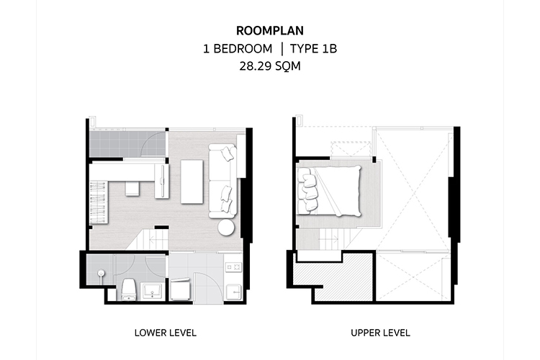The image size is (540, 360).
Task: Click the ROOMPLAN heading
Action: (x=270, y=31)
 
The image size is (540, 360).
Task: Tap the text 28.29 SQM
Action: (x=270, y=66)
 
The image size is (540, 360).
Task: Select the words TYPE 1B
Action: (x=313, y=48)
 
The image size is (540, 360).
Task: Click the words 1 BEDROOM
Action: (x=238, y=48)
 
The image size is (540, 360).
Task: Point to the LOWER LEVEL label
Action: (x=166, y=333)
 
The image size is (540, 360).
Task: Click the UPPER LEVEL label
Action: (x=380, y=333)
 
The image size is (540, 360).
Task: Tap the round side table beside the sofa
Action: (x=226, y=228)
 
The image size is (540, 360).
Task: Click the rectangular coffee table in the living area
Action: (x=192, y=181)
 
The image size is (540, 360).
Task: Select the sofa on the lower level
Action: (x=222, y=181)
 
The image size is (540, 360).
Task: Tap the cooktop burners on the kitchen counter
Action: (x=233, y=266)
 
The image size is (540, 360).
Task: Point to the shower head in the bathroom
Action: (x=101, y=274)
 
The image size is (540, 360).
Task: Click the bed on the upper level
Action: (x=329, y=191)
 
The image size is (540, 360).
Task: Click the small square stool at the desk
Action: (x=132, y=189)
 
